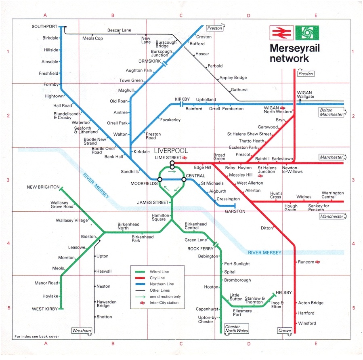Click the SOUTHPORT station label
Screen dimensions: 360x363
[44, 27]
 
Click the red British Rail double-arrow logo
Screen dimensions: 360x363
[279, 32]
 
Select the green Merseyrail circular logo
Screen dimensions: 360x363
[307, 32]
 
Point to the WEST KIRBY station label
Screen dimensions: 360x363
[45, 309]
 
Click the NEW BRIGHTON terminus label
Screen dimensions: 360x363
[43, 187]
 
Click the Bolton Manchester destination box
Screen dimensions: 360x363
[332, 112]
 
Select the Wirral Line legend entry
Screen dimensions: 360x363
[157, 272]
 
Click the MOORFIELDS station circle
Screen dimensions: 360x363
[160, 179]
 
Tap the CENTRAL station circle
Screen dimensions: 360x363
[183, 179]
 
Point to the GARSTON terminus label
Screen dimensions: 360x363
[235, 211]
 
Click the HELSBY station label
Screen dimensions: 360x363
[284, 293]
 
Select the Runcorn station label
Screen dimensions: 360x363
[306, 262]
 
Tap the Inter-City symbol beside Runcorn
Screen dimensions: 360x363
[318, 262]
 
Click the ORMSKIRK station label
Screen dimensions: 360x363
[150, 61]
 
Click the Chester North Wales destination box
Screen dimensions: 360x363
[237, 329]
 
